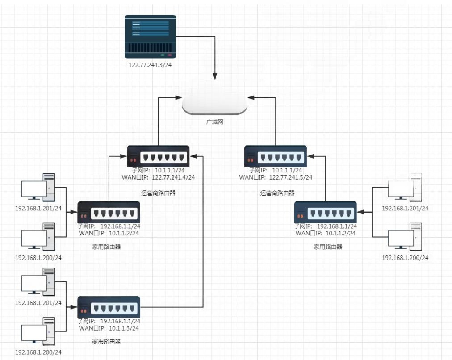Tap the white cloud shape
tap(214, 104)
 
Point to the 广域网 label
tap(214, 122)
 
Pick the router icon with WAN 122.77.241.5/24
tap(276, 156)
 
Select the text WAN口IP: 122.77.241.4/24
tap(158, 177)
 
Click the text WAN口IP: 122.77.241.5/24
tap(276, 177)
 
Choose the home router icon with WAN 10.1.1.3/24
tap(109, 307)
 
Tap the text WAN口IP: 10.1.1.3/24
tap(109, 328)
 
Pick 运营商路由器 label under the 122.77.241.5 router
tap(277, 193)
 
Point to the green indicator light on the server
tap(163, 55)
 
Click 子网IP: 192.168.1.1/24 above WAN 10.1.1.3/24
tap(109, 321)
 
